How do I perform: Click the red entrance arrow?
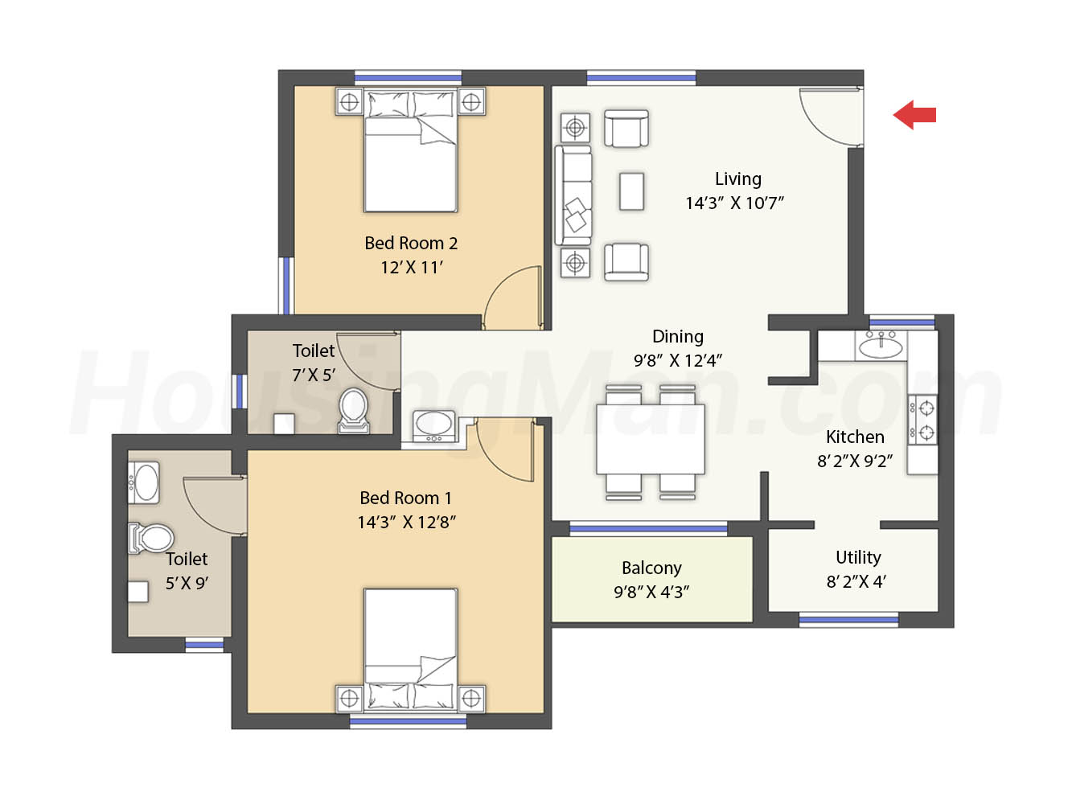point(914,115)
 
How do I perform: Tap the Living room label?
point(738,179)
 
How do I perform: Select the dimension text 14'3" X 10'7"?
point(734,203)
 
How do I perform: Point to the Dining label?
point(678,336)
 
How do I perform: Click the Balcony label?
point(651,568)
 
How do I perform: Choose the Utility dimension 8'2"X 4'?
point(856,582)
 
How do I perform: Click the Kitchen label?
point(855,437)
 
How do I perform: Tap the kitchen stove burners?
point(922,420)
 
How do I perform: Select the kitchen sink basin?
point(881,347)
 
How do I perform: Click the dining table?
point(650,439)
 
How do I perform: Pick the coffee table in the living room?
point(631,191)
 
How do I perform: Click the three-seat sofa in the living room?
point(573,195)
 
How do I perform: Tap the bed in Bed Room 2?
point(410,150)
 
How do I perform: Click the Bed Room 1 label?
point(405,498)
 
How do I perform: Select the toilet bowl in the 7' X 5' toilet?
point(354,410)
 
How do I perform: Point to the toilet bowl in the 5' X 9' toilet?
point(151,538)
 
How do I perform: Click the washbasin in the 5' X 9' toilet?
point(144,482)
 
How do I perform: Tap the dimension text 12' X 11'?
point(412,268)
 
